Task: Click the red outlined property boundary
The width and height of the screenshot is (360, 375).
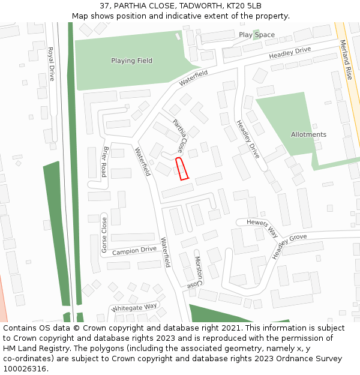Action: pyautogui.click(x=182, y=169)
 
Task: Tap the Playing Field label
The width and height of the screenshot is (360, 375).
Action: pyautogui.click(x=131, y=61)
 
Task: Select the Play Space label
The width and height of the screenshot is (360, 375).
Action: pyautogui.click(x=257, y=35)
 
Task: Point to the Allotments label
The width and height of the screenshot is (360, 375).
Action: pyautogui.click(x=308, y=134)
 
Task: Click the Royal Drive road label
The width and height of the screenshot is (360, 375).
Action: pyautogui.click(x=52, y=64)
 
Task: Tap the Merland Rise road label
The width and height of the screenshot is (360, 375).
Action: pyautogui.click(x=346, y=60)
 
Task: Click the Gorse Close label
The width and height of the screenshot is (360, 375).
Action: pyautogui.click(x=104, y=235)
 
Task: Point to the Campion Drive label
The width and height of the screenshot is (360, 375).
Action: pyautogui.click(x=134, y=250)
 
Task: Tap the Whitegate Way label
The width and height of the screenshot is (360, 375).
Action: pyautogui.click(x=134, y=307)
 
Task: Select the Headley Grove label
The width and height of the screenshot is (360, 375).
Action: pyautogui.click(x=289, y=246)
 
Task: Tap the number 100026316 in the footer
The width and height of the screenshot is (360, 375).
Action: pyautogui.click(x=25, y=368)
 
